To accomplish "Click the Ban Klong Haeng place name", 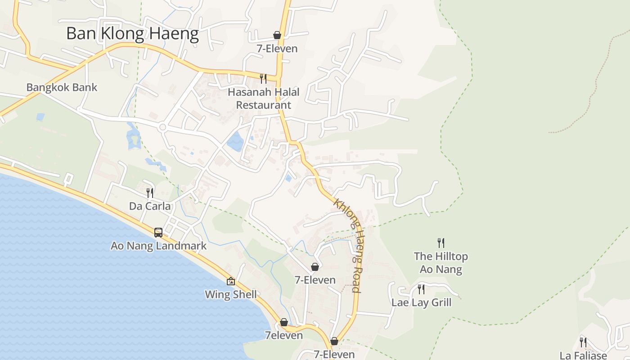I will pos(132,34).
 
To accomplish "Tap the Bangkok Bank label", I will pos(62,87).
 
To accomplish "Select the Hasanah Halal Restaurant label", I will pos(263,99).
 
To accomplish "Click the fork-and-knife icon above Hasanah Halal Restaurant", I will pos(263,79).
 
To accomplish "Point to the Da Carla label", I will pos(150,206).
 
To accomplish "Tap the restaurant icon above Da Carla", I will pos(150,193).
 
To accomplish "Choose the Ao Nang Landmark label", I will pos(158,246).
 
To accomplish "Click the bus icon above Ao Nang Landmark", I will pos(158,232).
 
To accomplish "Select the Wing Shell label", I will pos(231,295).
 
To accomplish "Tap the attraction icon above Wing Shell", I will pos(231,281).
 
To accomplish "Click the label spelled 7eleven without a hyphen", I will pos(283,335).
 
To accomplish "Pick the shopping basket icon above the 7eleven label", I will pos(284,322).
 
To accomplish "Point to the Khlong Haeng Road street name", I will pos(348,245).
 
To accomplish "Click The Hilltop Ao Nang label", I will pos(441,263).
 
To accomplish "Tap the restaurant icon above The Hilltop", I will pos(441,243).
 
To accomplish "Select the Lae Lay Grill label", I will pos(421,302).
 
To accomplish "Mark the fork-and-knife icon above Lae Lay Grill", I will pos(421,289).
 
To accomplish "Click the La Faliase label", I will pos(583,355).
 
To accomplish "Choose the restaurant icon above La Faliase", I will pos(583,342).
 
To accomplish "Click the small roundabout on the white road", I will pos(162,128).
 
